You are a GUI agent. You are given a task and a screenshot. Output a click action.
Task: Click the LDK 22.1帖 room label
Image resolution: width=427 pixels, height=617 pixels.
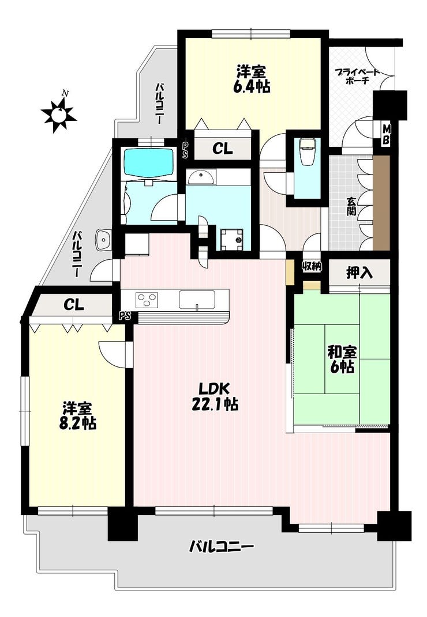(x=215, y=396)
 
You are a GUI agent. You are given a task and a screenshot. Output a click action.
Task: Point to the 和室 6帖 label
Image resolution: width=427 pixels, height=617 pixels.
(x=342, y=359)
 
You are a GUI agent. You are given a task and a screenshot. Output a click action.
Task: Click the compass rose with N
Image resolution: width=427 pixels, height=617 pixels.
(x=59, y=113)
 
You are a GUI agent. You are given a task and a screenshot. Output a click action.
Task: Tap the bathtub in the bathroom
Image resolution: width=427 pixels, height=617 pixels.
(x=149, y=162)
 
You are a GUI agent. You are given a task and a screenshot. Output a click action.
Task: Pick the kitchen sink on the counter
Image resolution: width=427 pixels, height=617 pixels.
(x=197, y=300)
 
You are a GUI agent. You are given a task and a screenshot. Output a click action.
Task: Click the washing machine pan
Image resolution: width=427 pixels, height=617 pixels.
(x=232, y=239)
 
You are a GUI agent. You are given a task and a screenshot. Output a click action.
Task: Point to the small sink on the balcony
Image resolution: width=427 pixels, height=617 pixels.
(x=103, y=239)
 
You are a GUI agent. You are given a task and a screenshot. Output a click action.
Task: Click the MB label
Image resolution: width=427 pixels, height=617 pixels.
(x=387, y=134)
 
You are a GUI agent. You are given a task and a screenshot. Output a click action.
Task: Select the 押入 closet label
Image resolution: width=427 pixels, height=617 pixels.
(x=359, y=272)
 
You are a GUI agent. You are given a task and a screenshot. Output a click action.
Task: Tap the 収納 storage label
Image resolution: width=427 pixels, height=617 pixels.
(x=312, y=266)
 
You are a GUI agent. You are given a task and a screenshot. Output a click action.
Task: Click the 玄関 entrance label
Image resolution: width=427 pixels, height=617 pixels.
(x=351, y=206)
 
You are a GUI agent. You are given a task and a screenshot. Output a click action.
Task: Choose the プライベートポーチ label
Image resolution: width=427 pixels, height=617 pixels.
(x=357, y=77)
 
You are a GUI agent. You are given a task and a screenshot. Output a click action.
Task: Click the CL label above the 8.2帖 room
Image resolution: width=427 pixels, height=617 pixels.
(x=74, y=304)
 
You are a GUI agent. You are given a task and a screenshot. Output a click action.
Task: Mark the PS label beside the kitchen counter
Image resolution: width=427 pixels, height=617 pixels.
(x=125, y=315)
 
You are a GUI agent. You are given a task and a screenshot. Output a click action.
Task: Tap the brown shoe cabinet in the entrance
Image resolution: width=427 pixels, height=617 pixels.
(x=381, y=203)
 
